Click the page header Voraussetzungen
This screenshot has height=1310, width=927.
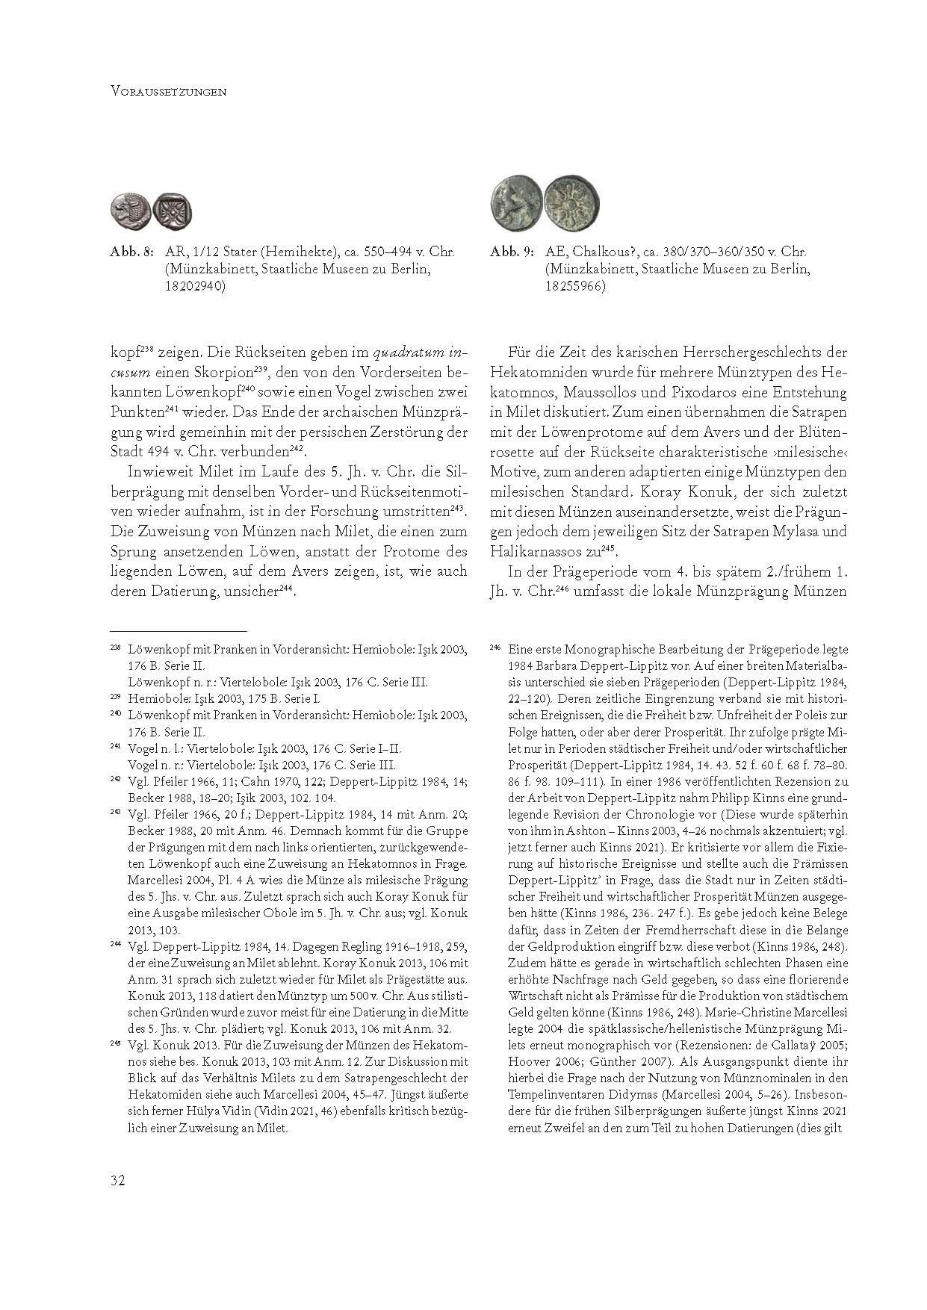point(168,93)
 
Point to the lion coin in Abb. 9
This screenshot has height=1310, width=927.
point(515,202)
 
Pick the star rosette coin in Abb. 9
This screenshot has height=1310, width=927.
point(565,202)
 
